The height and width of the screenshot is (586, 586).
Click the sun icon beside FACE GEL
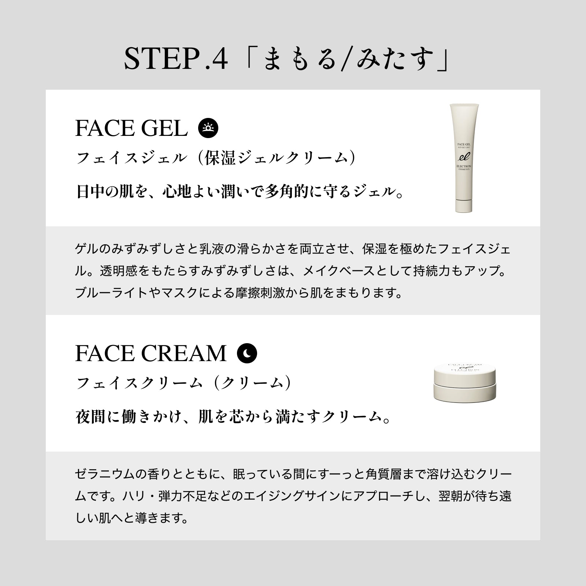point(208,128)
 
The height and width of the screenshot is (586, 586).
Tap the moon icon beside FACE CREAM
point(247,353)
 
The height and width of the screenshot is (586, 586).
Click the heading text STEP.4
point(176,59)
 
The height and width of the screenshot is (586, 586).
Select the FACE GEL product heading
point(131,128)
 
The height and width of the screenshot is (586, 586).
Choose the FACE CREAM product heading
point(151,353)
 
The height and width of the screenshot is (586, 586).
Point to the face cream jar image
point(465,381)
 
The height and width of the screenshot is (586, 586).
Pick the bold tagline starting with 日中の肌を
point(240,192)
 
